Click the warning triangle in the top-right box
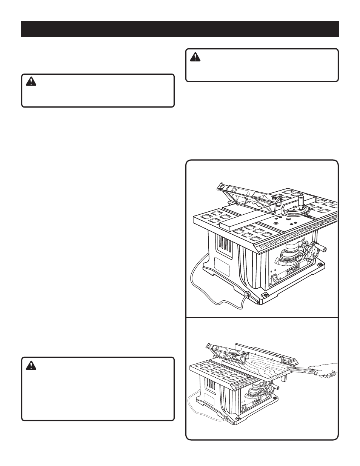(x=195, y=57)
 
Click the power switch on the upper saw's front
(x=275, y=278)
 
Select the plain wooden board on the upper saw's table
(x=230, y=220)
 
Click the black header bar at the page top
(x=180, y=29)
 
